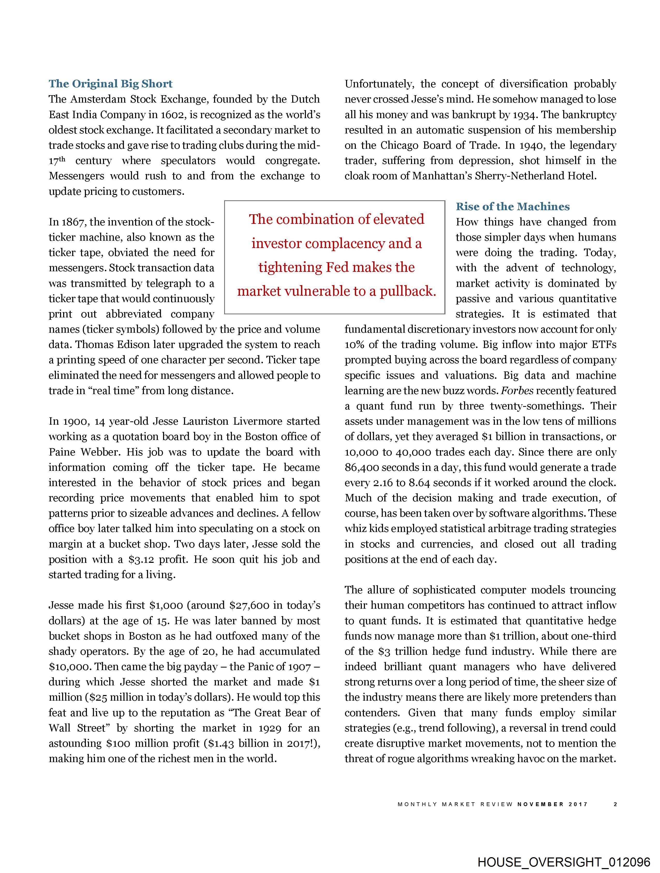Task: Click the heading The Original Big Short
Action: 111,84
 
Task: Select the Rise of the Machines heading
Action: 512,207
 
